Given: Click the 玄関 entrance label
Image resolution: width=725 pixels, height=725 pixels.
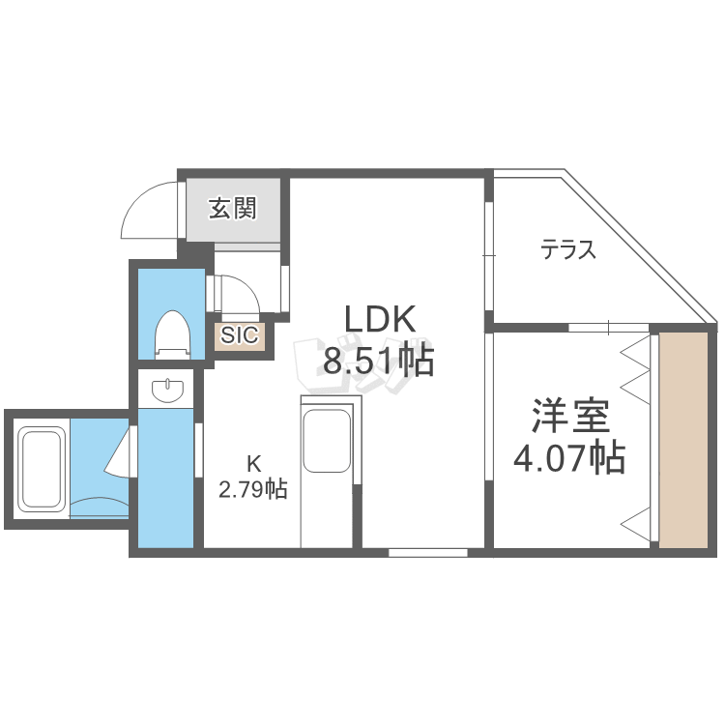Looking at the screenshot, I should (x=233, y=207).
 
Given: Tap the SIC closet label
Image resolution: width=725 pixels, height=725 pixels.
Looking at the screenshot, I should (x=239, y=335).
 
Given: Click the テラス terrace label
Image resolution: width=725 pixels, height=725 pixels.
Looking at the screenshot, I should (x=567, y=250).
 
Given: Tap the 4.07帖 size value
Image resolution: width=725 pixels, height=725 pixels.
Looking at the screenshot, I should (x=568, y=457).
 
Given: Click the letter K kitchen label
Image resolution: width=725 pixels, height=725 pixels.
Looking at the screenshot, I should (x=251, y=462).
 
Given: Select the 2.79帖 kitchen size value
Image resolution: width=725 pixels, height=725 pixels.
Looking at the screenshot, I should (x=251, y=490).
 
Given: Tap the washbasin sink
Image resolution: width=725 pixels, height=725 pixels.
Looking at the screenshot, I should (x=168, y=390).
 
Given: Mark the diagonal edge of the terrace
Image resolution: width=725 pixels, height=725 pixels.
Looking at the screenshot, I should (x=638, y=247).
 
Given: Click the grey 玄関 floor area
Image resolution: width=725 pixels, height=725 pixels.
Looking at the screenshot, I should (x=233, y=222).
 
